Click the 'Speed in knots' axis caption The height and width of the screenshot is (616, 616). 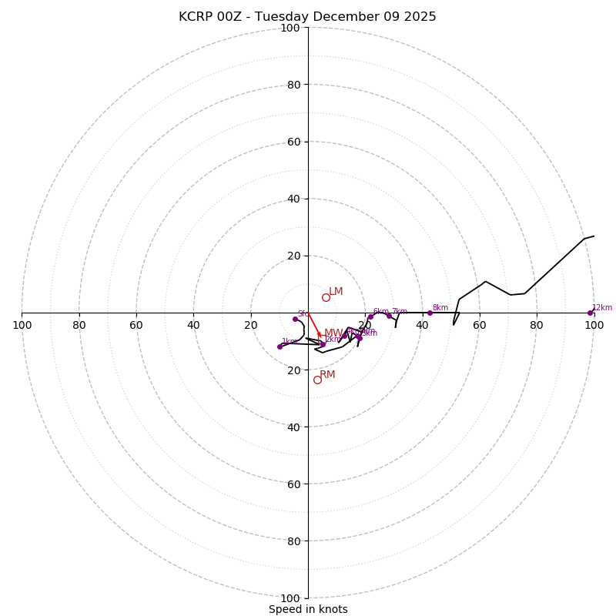308,609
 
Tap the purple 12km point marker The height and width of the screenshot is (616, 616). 591,313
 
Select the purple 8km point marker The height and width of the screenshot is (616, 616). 430,313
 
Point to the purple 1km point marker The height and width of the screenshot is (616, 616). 280,346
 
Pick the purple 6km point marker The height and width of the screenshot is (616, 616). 370,316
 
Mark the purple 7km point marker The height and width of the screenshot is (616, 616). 389,316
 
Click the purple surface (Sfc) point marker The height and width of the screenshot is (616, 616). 295,319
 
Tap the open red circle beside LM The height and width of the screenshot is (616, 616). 326,297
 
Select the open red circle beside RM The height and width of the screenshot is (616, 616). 317,380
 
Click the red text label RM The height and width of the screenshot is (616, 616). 328,375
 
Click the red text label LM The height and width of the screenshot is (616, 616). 336,292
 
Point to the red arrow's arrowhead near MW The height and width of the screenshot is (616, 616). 320,336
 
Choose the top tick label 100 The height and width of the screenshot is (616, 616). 290,28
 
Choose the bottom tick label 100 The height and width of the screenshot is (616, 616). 290,598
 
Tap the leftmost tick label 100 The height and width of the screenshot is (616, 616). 22,326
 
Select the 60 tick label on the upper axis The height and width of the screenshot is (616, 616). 293,142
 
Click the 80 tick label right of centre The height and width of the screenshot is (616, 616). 537,326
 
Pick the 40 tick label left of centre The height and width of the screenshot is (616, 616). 194,326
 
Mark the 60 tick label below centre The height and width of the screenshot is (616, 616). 293,484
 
